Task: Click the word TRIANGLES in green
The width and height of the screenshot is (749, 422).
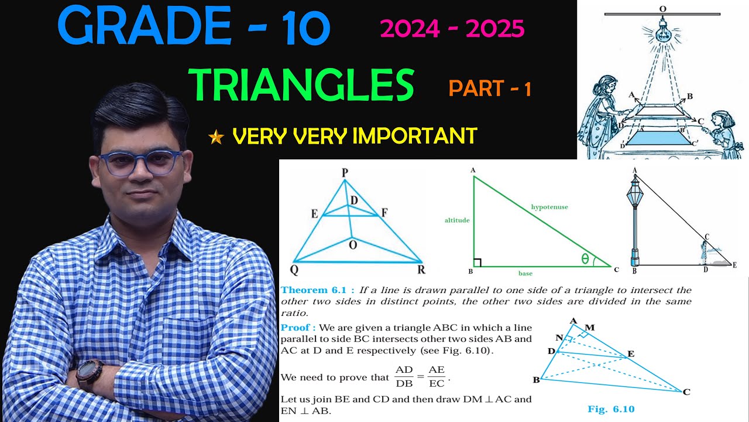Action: tap(301, 84)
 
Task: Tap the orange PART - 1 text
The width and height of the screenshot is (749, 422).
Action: tap(490, 89)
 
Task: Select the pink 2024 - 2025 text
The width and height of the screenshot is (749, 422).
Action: tap(452, 29)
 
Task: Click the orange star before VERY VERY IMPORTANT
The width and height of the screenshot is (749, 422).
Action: tap(216, 138)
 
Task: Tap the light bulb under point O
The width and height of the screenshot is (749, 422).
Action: tap(662, 30)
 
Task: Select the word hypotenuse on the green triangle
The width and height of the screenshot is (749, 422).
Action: tap(549, 207)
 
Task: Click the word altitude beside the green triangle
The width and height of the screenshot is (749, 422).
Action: tap(456, 220)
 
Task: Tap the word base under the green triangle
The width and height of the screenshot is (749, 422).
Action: tap(525, 273)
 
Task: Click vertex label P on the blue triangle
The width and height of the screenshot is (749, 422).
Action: tap(345, 173)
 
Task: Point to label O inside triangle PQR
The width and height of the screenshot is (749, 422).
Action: tap(352, 245)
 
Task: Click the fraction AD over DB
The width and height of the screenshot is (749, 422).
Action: tap(404, 377)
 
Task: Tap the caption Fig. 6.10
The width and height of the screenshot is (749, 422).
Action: tap(611, 409)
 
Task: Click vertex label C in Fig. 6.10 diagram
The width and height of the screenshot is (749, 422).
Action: tap(686, 392)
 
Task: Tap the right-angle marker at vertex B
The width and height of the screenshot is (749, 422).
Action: tap(477, 262)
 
